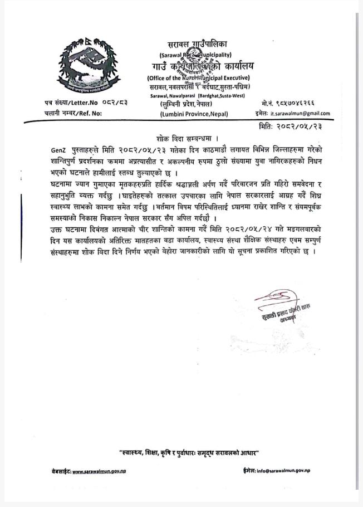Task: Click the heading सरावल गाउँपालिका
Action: coord(197,45)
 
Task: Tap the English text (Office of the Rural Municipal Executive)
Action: coord(198,77)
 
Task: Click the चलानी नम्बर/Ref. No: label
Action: coord(73,113)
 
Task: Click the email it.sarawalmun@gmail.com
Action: coord(300,113)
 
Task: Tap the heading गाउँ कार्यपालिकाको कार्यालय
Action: coord(198,66)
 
